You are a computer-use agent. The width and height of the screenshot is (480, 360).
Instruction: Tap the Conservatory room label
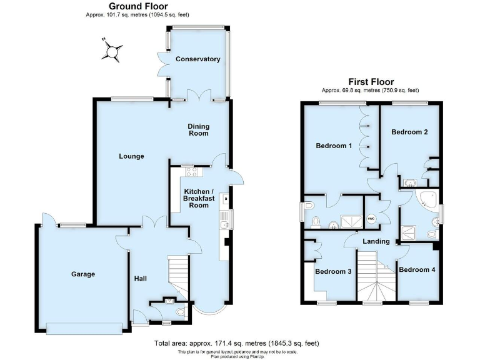click(x=197, y=59)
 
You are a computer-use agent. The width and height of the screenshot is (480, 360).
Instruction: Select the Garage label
click(x=82, y=274)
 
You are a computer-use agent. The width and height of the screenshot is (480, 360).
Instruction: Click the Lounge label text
click(x=132, y=156)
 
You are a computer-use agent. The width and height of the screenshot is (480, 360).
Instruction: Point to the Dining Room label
click(x=198, y=129)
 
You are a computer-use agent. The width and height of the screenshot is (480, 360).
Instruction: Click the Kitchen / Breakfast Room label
click(x=198, y=198)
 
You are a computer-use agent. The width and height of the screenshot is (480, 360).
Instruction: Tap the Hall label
click(x=140, y=277)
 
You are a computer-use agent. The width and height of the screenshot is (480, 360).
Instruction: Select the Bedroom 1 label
click(x=334, y=146)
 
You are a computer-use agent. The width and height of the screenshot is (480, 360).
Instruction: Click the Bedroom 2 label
click(x=409, y=132)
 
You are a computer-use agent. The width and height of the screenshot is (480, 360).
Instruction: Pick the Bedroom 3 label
click(x=332, y=271)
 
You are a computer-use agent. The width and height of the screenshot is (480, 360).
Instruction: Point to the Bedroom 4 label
click(x=417, y=269)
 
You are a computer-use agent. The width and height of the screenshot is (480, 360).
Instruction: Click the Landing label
click(x=377, y=241)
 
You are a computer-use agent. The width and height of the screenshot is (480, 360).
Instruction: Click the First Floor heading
click(x=371, y=82)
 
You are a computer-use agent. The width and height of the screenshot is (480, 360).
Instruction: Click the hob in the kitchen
click(x=189, y=172)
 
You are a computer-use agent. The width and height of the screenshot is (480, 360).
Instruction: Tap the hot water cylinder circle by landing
click(x=371, y=218)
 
